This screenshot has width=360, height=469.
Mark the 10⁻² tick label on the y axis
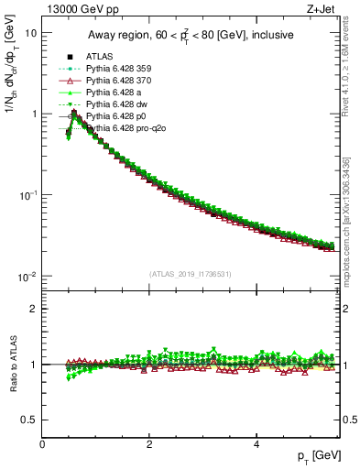(27, 276)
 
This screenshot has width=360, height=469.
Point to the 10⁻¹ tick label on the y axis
(27, 194)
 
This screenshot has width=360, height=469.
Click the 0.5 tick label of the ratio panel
(29, 420)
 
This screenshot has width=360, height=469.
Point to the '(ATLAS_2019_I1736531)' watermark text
(191, 273)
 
